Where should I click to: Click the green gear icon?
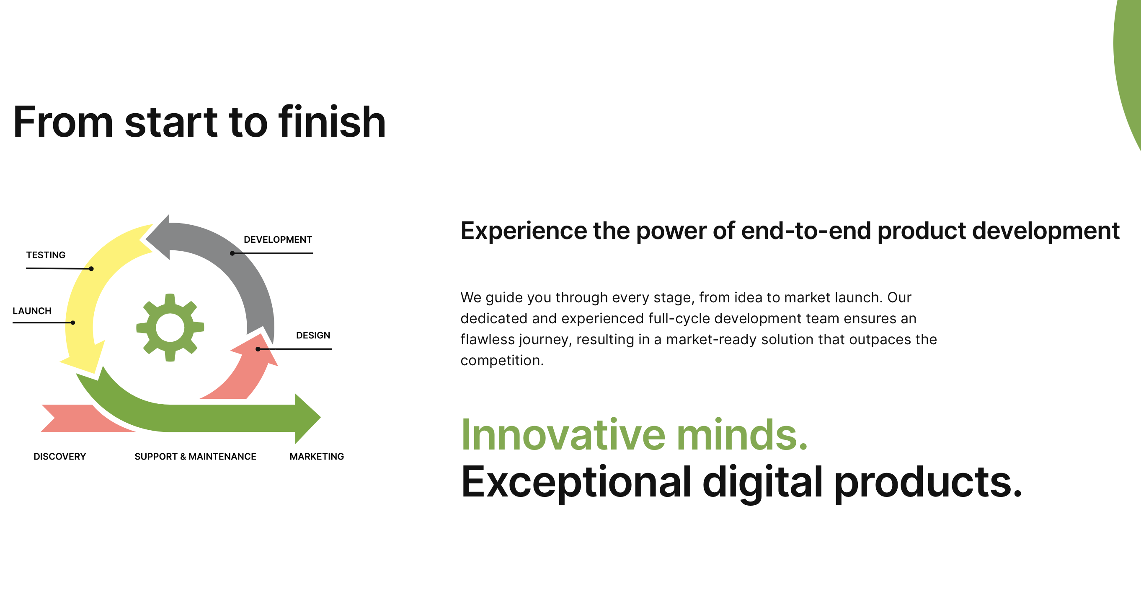[x=170, y=327]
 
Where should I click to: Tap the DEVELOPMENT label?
[x=278, y=240]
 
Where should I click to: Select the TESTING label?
[x=46, y=255]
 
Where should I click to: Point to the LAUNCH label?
[x=32, y=311]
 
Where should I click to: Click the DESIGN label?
[x=313, y=335]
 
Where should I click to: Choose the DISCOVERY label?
[x=60, y=456]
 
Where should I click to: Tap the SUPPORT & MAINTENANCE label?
[x=195, y=456]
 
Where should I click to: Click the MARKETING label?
[x=317, y=456]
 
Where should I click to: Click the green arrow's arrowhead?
[x=307, y=418]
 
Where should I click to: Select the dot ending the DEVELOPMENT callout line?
[x=232, y=253]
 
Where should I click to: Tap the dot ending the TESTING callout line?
[x=91, y=269]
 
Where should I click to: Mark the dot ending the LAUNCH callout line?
[x=72, y=323]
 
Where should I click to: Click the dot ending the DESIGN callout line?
[x=258, y=349]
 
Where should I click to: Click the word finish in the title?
[x=332, y=122]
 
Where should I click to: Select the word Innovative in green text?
[x=563, y=435]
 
